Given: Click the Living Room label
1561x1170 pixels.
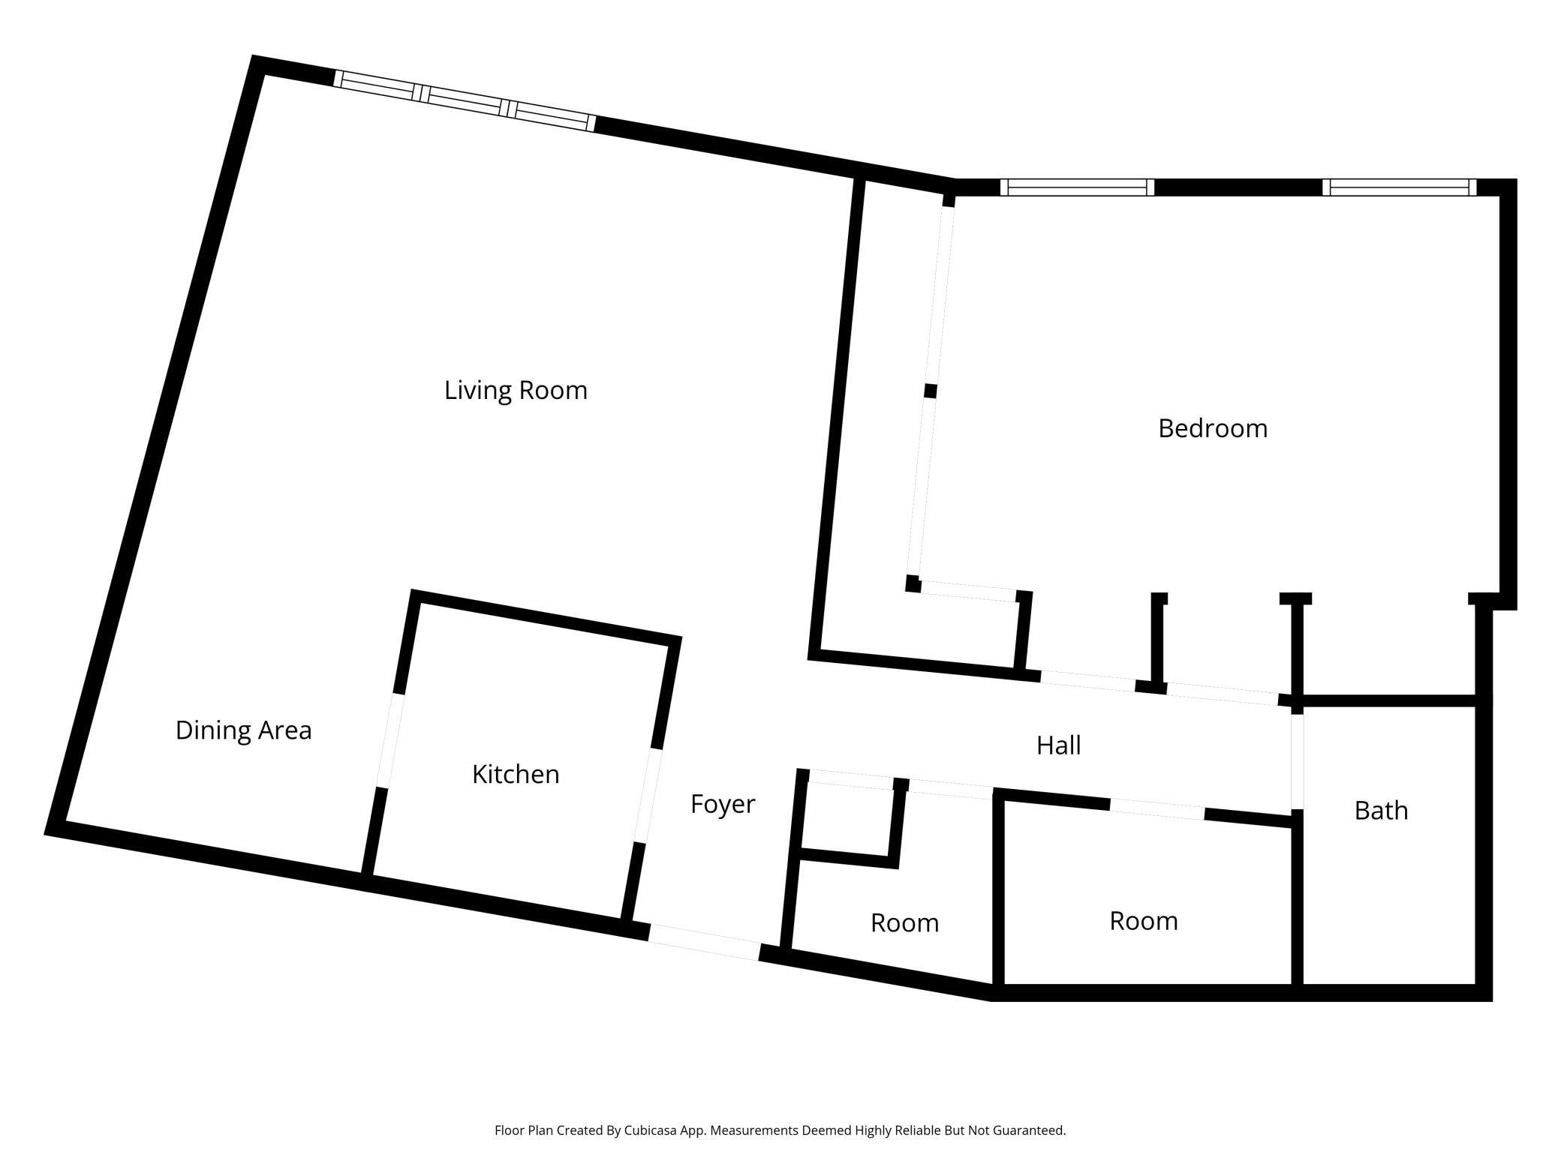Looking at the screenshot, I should (x=516, y=390).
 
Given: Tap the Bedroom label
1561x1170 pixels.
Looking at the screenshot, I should (x=1212, y=428).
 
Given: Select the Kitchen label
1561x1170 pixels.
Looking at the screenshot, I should (x=516, y=774).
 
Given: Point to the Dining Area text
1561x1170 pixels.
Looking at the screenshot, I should (x=243, y=730).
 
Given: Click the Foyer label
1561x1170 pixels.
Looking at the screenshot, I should (x=722, y=804).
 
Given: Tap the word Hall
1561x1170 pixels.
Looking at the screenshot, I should (x=1058, y=745).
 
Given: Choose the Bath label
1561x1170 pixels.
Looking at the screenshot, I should (x=1380, y=811).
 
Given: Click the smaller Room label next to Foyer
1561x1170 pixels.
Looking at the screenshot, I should (x=904, y=923).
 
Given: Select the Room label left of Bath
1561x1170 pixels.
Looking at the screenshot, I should (x=1143, y=921).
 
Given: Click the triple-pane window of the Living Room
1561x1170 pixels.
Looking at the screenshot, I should (x=465, y=101).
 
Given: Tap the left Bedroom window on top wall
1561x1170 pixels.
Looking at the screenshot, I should (x=1077, y=187).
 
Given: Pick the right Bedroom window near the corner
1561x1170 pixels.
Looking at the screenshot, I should (x=1399, y=187).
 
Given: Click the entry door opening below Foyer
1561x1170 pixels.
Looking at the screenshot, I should (x=704, y=943).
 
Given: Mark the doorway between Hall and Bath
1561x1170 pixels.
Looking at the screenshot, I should (x=1296, y=761).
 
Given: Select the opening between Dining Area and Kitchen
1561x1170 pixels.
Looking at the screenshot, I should (x=389, y=741).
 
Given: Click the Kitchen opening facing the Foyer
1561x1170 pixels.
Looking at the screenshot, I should (x=648, y=795).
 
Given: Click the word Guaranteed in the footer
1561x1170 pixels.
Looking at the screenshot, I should (x=1028, y=1130).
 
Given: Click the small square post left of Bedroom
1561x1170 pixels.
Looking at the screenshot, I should (x=930, y=391).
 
